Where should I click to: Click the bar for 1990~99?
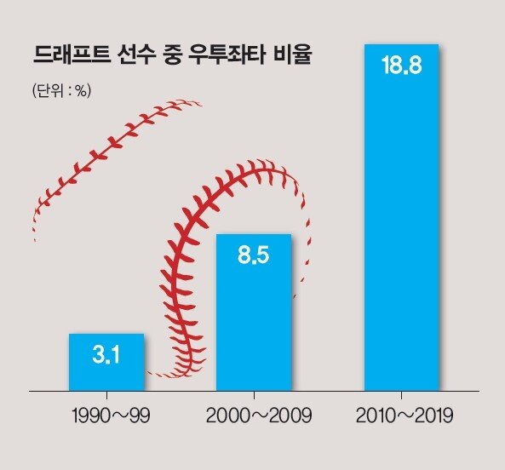point(106,363)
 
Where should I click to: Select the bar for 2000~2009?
point(254,312)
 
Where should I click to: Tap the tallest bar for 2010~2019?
point(402,218)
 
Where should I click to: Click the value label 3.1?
point(106,355)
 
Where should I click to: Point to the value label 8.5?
point(253,255)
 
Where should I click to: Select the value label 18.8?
point(401,65)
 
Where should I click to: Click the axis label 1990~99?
point(111,416)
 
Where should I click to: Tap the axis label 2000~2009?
point(259,416)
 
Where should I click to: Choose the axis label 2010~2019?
point(405,416)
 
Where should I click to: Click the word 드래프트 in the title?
point(72,55)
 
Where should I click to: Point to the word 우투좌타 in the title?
point(227,55)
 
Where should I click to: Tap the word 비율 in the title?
point(292,55)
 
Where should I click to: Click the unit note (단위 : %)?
point(61,91)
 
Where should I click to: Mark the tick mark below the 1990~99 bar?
point(106,395)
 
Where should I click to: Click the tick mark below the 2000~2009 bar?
point(254,395)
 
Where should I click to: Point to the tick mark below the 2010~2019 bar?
point(401,395)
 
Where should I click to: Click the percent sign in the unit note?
point(82,91)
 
